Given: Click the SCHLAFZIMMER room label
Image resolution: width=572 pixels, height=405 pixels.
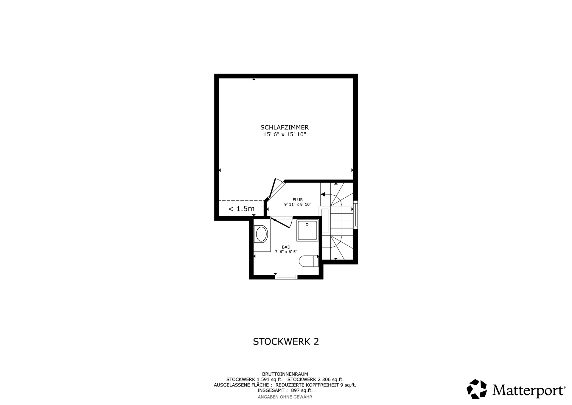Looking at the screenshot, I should (285, 127).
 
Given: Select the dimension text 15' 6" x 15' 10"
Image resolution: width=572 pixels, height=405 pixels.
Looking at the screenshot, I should (285, 135).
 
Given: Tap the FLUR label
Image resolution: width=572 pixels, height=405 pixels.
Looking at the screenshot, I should (298, 200).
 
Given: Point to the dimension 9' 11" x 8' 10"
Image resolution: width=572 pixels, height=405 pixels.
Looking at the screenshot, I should (298, 205).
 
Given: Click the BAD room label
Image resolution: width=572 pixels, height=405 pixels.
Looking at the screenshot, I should (286, 247).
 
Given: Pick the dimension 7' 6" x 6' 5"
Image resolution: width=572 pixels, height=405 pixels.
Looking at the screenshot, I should (286, 252).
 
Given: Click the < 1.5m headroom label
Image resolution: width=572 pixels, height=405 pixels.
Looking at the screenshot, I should (241, 209).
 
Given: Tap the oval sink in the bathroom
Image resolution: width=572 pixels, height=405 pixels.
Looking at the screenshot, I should (262, 234).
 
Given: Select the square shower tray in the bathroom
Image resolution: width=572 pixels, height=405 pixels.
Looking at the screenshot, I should (307, 231).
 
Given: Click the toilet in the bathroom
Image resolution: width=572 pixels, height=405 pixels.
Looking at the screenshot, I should (308, 261).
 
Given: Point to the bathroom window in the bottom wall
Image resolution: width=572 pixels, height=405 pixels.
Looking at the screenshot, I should (286, 277).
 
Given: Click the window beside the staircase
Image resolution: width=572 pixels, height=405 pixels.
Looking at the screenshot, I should (355, 215).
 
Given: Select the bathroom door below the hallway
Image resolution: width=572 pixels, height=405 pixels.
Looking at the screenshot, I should (282, 222).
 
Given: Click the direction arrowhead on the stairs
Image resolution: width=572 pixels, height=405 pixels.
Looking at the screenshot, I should (323, 194).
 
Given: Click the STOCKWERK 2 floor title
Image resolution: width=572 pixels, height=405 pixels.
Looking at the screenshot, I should (286, 342).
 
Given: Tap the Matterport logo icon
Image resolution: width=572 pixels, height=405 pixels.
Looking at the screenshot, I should (477, 389).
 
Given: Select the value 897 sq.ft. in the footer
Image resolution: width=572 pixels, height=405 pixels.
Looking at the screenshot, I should (301, 390).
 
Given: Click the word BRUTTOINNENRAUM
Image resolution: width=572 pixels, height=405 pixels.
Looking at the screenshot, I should (285, 374).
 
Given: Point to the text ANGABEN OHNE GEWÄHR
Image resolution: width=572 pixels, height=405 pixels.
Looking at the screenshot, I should (285, 397).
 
